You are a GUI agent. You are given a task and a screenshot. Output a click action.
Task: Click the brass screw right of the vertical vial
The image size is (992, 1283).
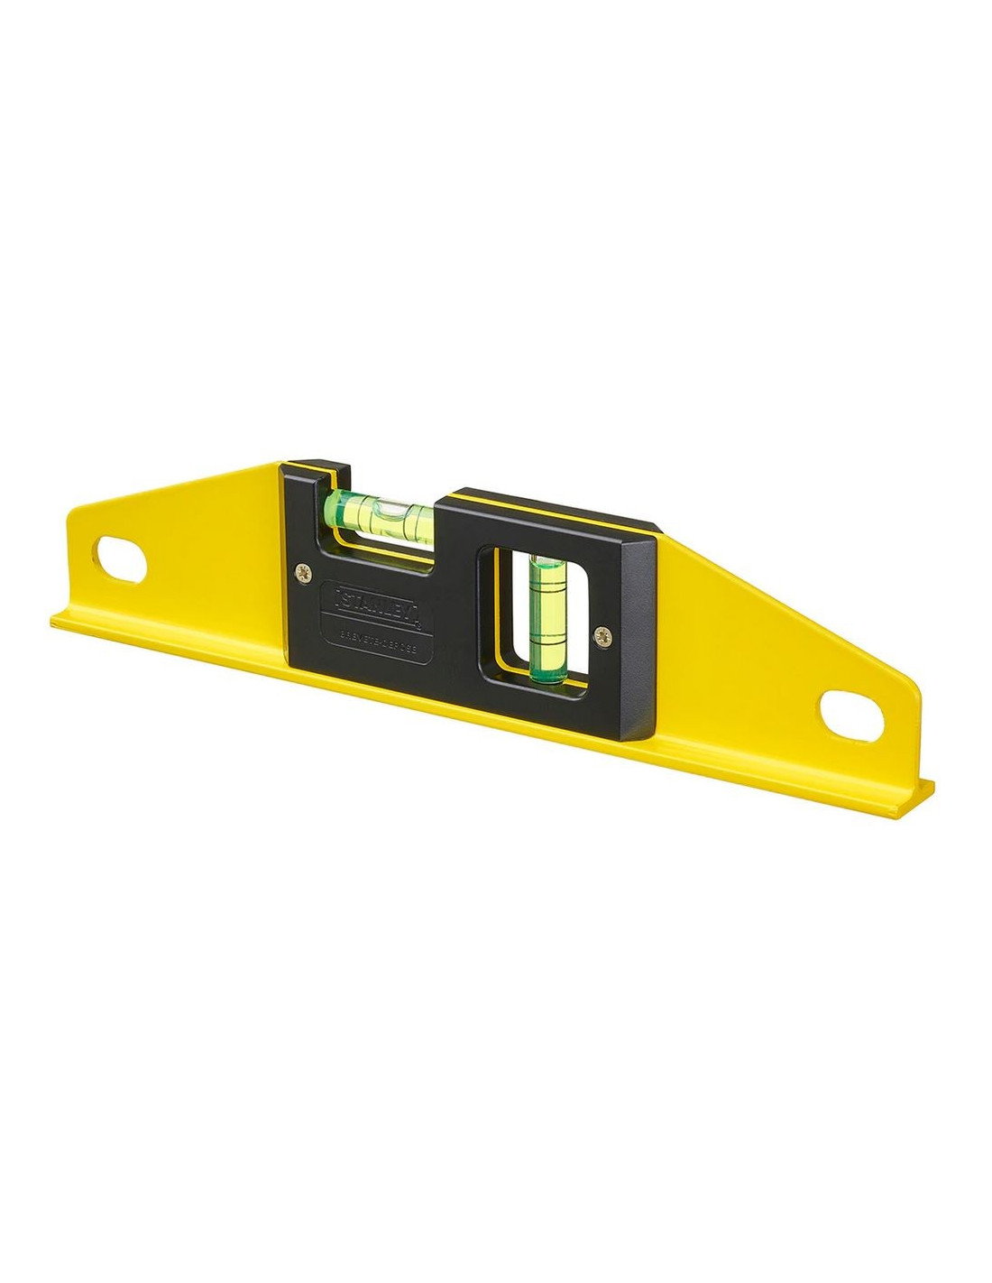coord(603,635)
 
